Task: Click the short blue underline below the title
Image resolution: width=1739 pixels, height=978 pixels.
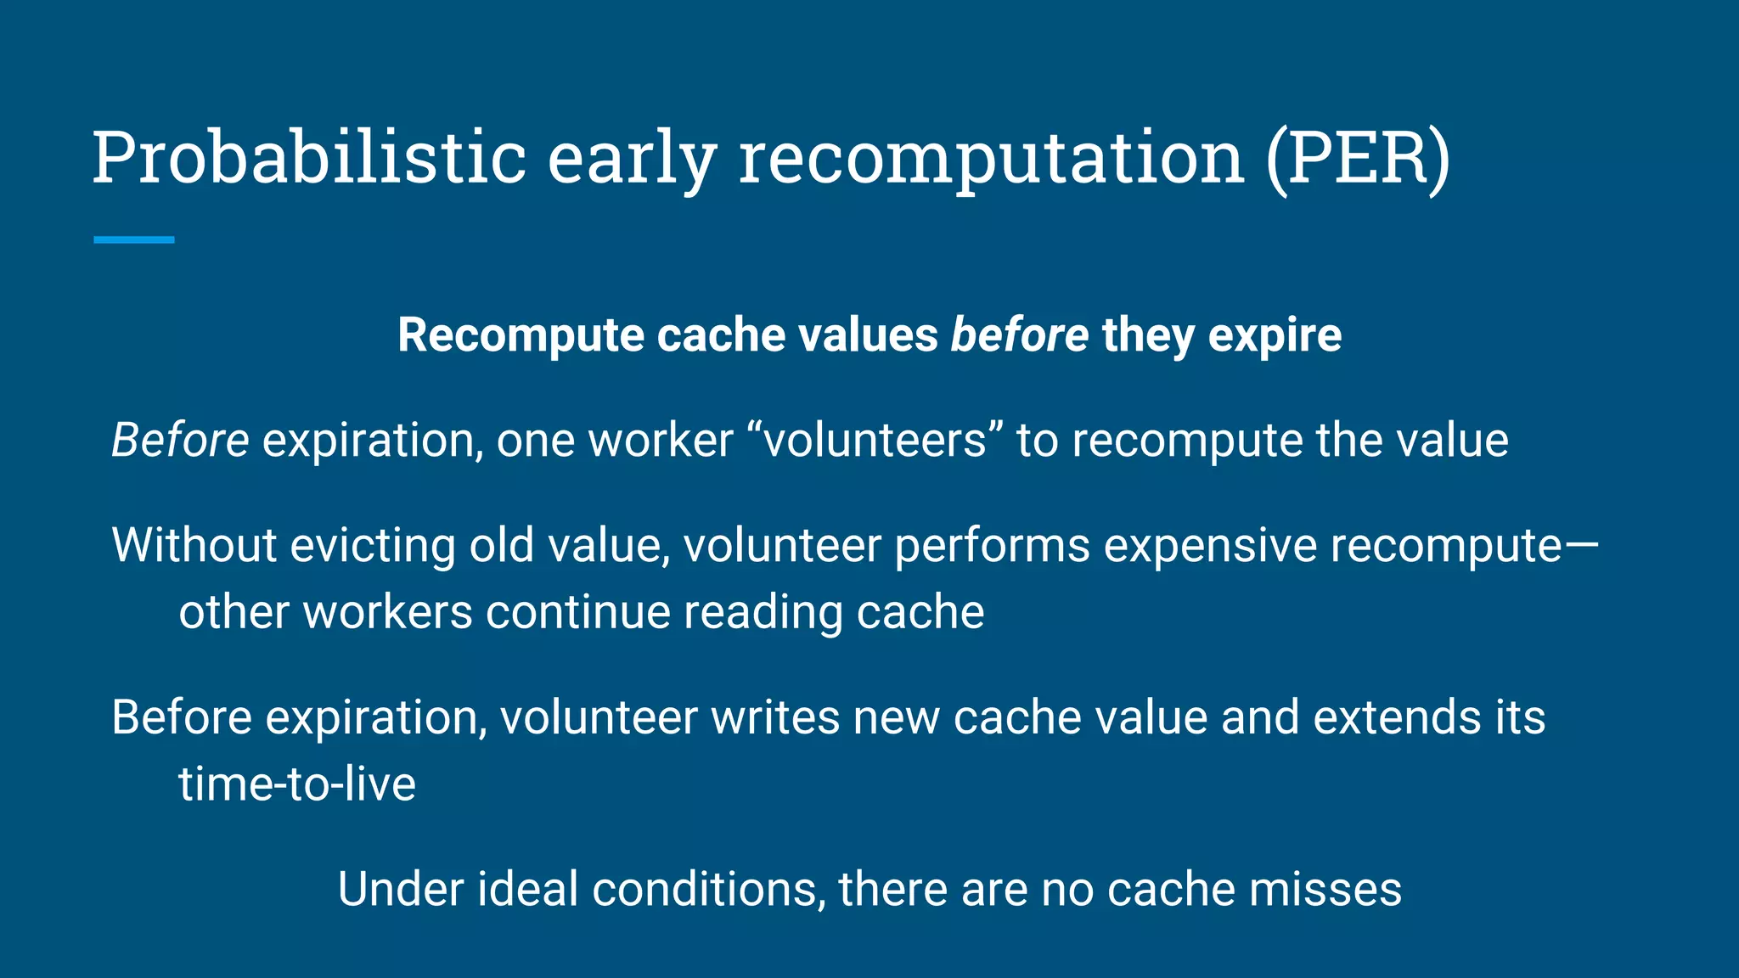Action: pyautogui.click(x=134, y=240)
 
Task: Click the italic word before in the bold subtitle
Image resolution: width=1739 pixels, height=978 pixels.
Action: pyautogui.click(x=1019, y=334)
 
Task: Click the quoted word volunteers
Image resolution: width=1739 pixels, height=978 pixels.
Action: pyautogui.click(x=875, y=440)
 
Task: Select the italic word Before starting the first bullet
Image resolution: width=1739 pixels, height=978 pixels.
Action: pyautogui.click(x=180, y=440)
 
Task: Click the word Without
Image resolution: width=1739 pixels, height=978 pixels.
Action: pyautogui.click(x=194, y=545)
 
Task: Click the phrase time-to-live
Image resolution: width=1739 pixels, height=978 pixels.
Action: pyautogui.click(x=297, y=784)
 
